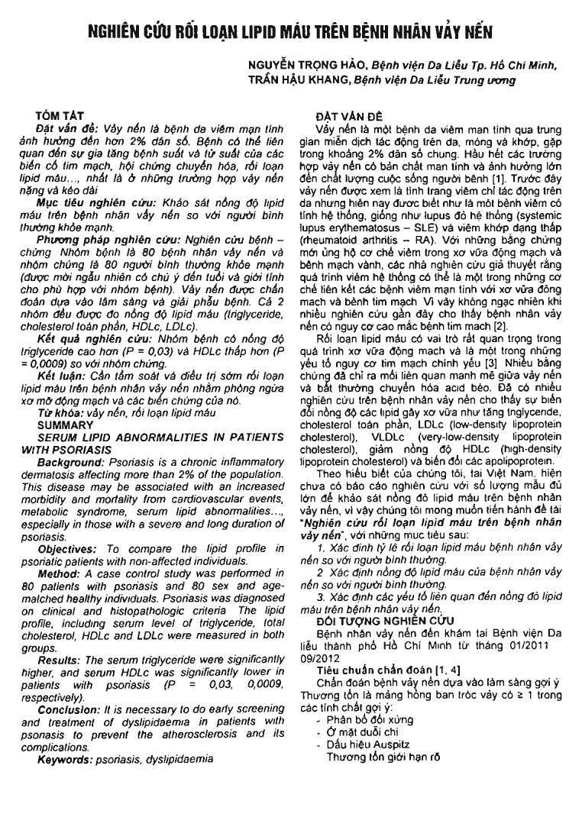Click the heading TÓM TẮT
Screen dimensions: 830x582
(x=57, y=114)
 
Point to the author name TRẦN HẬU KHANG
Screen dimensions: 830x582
(x=293, y=79)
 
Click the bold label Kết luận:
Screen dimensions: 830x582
(x=60, y=373)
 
